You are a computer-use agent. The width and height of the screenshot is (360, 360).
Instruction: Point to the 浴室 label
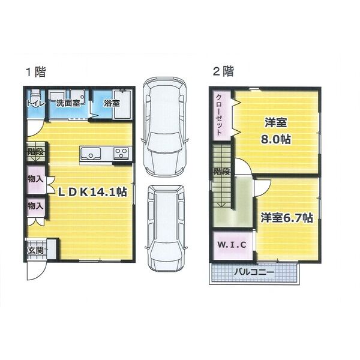click(111, 103)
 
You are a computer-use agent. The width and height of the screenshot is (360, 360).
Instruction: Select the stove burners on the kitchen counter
click(121, 153)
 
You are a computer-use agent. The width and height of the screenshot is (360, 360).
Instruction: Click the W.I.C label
click(230, 245)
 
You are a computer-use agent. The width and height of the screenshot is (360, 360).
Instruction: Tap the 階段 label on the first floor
click(35, 152)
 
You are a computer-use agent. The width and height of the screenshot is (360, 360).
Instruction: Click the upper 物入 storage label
click(35, 179)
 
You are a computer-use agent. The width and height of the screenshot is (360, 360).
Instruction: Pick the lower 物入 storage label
click(35, 206)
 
